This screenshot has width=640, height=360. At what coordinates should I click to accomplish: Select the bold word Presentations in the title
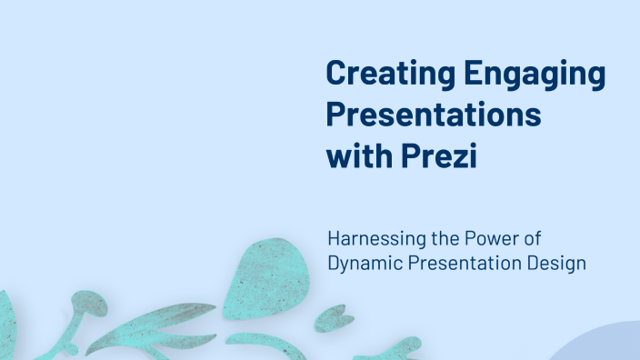tap(433, 117)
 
